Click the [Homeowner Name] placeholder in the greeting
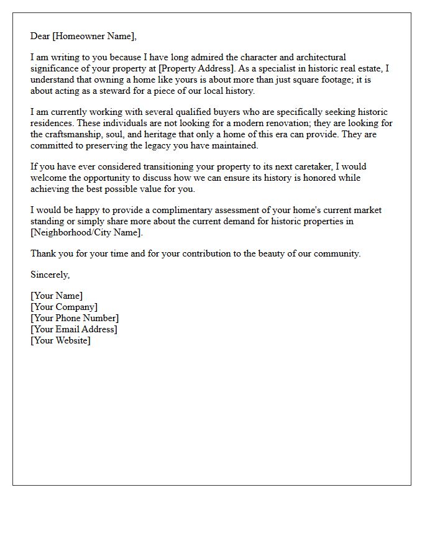pos(93,36)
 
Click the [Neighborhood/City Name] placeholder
pos(86,232)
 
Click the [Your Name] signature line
pos(57,296)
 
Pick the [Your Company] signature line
pos(64,307)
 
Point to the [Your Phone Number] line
pos(75,318)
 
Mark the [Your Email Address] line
pos(74,329)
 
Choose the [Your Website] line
pos(60,340)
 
